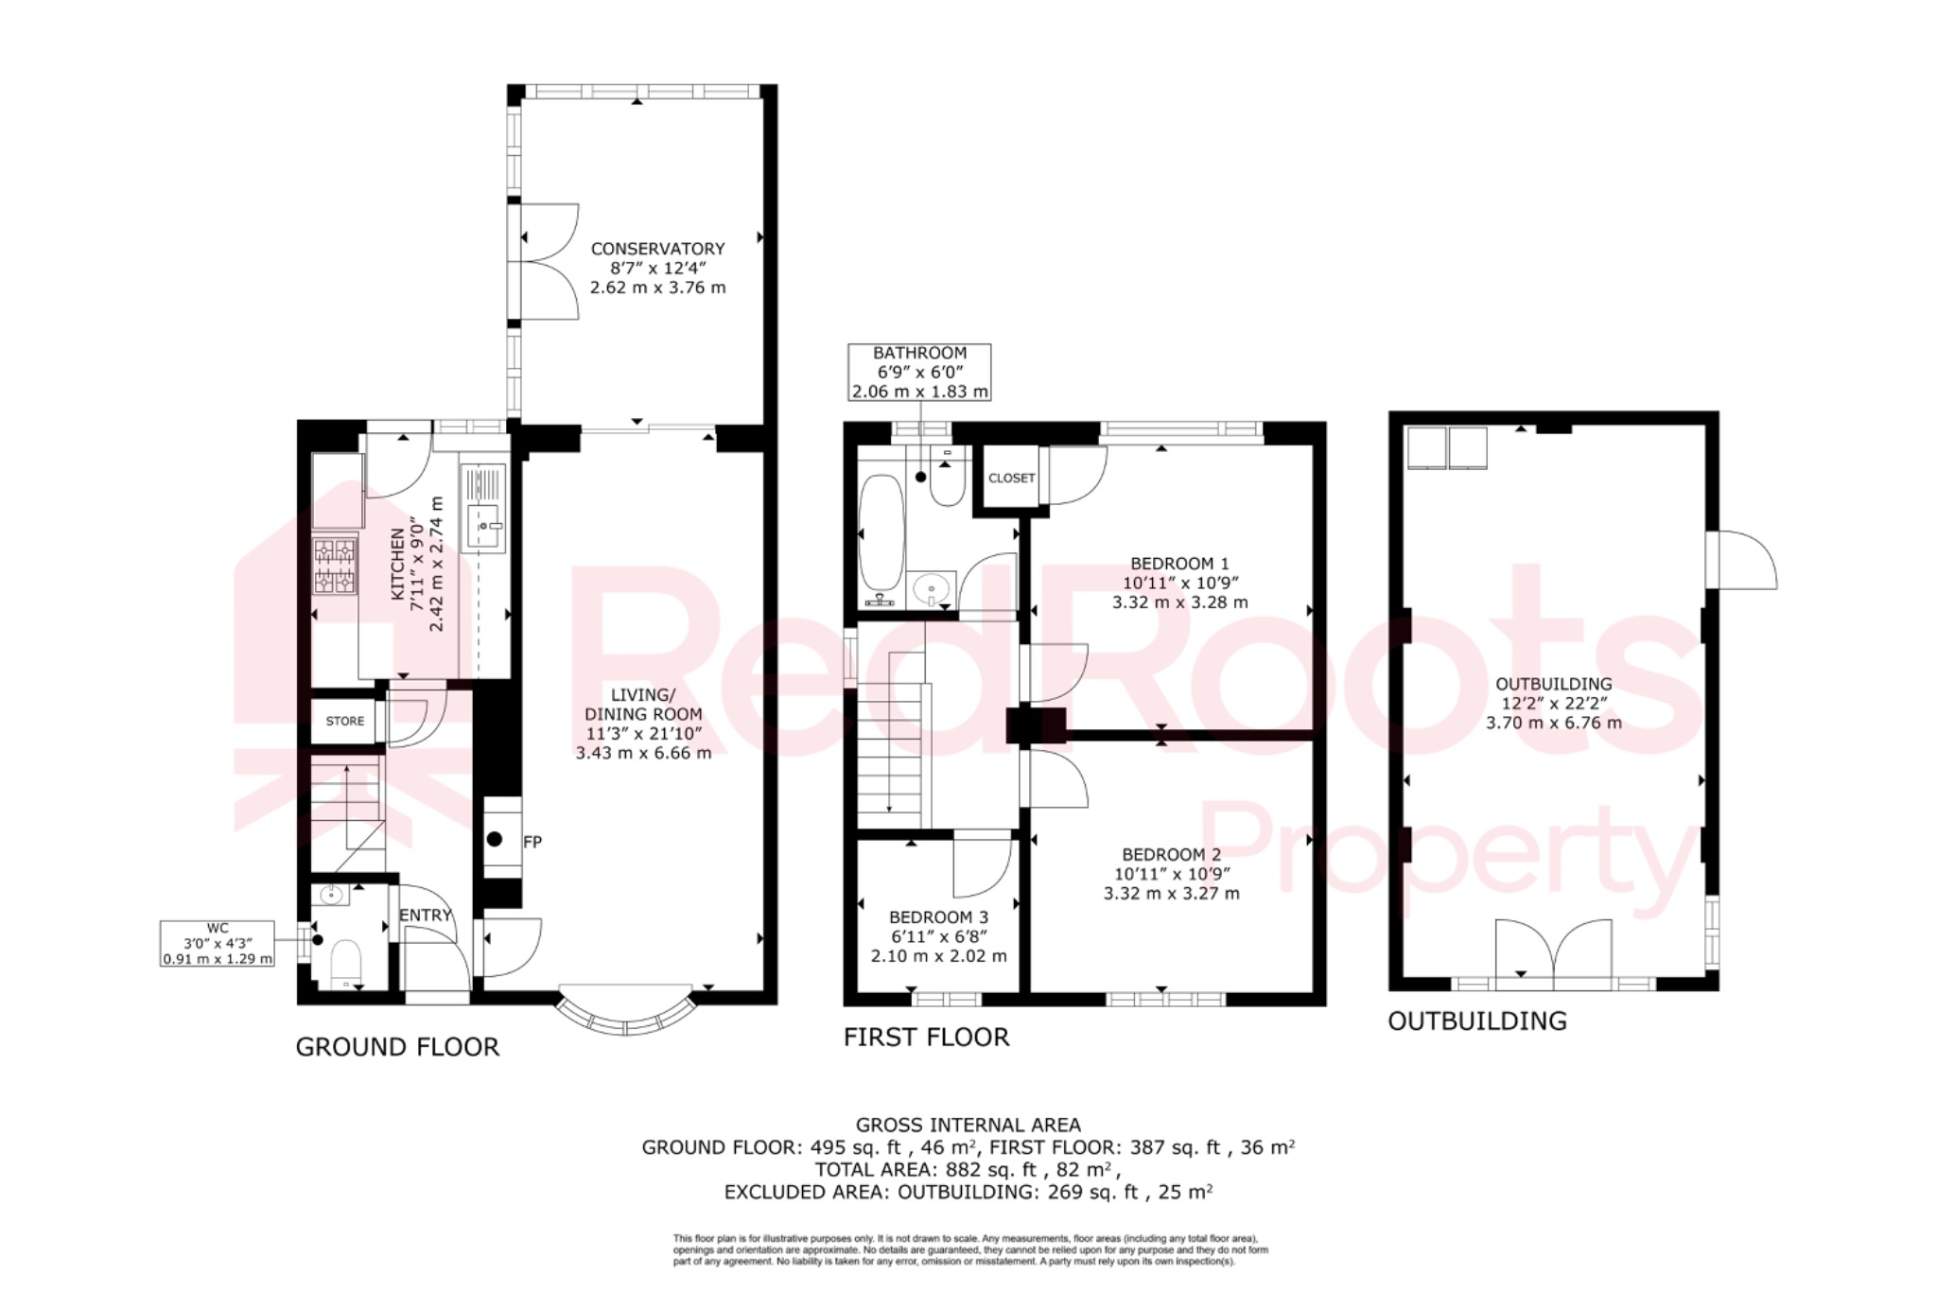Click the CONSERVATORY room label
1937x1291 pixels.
click(x=657, y=249)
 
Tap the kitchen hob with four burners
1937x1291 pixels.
click(x=336, y=566)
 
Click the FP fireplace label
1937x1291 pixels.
click(x=532, y=842)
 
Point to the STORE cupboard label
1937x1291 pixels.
click(x=344, y=721)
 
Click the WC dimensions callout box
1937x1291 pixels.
click(x=218, y=943)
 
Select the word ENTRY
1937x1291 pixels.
click(x=425, y=915)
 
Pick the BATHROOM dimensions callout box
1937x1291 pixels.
click(x=919, y=372)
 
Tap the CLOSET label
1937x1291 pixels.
click(x=1011, y=478)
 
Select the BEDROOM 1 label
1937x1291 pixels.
click(x=1179, y=563)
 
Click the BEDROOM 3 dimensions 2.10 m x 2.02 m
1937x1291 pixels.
click(x=938, y=955)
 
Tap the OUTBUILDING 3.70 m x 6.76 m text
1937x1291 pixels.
click(x=1553, y=723)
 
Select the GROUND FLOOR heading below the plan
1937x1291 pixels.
click(x=397, y=1047)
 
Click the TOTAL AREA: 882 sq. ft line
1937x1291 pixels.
click(x=967, y=1169)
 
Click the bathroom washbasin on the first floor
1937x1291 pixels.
click(x=932, y=590)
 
